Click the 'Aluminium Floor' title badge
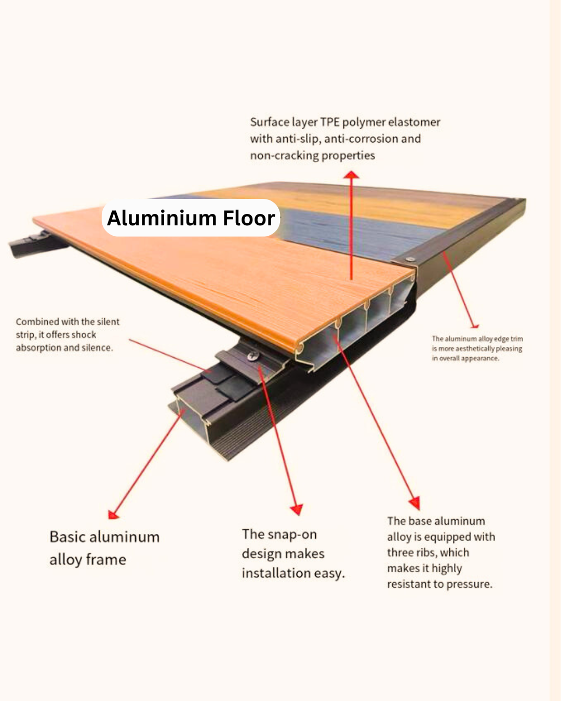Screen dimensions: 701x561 [191, 218]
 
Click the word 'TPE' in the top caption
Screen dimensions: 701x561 [330, 122]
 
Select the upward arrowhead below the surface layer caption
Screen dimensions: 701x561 [352, 174]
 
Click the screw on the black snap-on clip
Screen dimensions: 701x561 [253, 356]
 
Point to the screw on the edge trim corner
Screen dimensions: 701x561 [410, 259]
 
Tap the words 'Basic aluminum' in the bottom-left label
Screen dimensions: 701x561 [104, 537]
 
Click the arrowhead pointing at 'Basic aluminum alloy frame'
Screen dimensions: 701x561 [113, 515]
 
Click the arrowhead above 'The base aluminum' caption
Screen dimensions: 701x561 [415, 503]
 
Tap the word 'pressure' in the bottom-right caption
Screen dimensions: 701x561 [470, 584]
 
